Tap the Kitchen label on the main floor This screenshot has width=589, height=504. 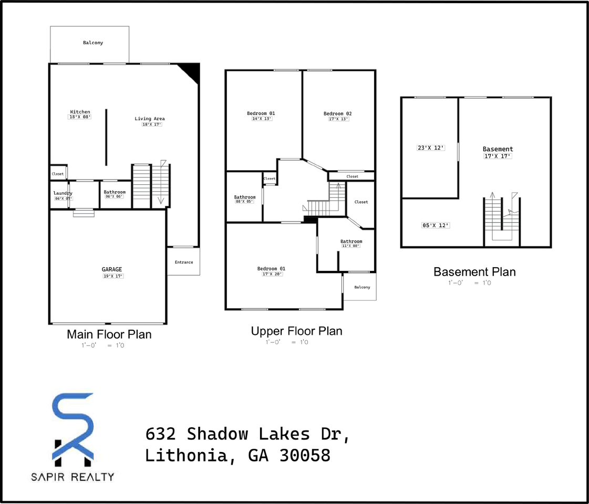[x=80, y=112]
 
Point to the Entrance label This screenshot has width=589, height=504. [x=183, y=262]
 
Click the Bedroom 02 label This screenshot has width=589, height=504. [x=337, y=113]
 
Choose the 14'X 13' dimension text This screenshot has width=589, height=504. [x=262, y=119]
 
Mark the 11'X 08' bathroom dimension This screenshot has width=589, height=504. [x=350, y=246]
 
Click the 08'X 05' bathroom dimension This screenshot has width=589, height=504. [x=244, y=202]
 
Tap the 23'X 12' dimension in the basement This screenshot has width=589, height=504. [x=431, y=148]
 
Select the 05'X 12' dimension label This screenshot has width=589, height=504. [x=436, y=225]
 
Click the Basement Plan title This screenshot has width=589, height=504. [x=474, y=272]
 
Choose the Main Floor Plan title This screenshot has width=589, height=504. [x=109, y=334]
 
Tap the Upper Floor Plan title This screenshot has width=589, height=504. [x=296, y=331]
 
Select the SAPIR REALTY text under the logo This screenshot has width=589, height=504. [x=73, y=477]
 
